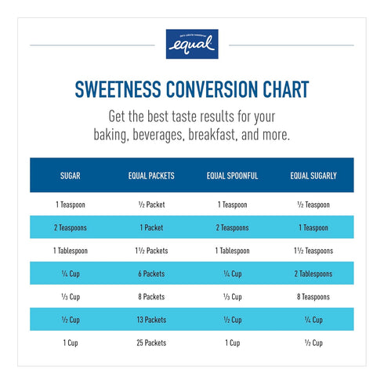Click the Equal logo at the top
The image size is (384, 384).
[x=192, y=44]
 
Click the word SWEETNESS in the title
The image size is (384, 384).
[x=118, y=89]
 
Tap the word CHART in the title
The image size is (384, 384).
[x=286, y=89]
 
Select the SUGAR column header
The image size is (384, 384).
[x=71, y=176]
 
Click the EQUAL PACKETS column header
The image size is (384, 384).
[x=151, y=176]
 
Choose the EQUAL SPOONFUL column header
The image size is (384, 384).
[x=232, y=176]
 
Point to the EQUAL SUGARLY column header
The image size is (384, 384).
[x=313, y=176]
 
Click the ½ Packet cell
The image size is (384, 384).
[x=151, y=205]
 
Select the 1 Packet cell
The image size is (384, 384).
[x=151, y=227]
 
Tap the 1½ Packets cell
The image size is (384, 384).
[x=151, y=251]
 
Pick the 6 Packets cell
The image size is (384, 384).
[x=151, y=274]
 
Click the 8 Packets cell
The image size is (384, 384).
[x=151, y=296]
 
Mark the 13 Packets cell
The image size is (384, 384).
[x=151, y=320]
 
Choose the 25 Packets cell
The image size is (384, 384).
[x=151, y=342]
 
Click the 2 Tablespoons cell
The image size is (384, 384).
[x=313, y=274]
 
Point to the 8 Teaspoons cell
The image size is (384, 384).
[x=313, y=297]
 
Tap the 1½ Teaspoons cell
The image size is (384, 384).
[x=313, y=251]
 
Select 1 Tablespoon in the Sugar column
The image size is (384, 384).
[x=71, y=251]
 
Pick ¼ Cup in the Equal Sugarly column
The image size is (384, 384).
[x=313, y=320]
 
